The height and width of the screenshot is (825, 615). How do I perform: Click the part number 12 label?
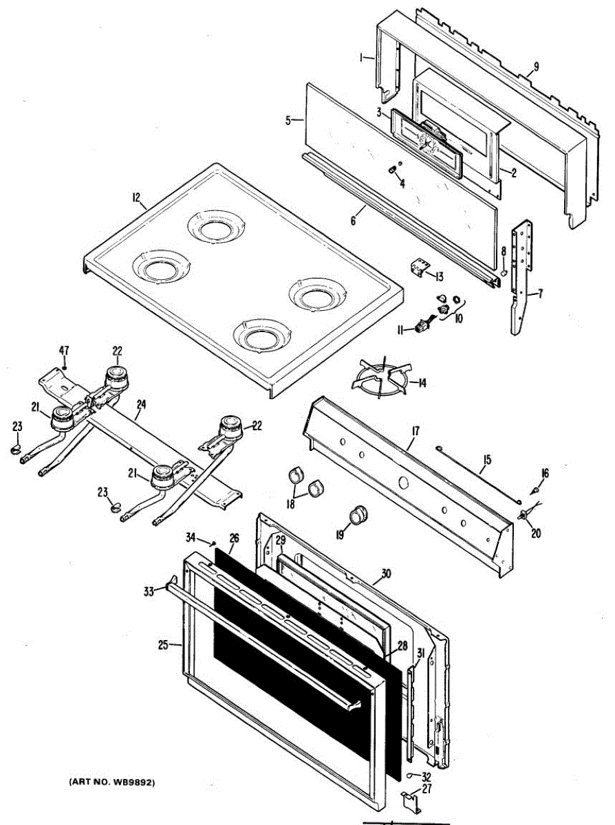click(137, 197)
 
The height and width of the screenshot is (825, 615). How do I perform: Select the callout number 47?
click(64, 351)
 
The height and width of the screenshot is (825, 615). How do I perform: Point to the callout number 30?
click(386, 573)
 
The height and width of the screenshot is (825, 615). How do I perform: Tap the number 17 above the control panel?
click(416, 431)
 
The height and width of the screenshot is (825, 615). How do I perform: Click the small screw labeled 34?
click(213, 544)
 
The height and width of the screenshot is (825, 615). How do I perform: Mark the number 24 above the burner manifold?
click(140, 404)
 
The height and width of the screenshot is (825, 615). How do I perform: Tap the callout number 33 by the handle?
click(149, 591)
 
